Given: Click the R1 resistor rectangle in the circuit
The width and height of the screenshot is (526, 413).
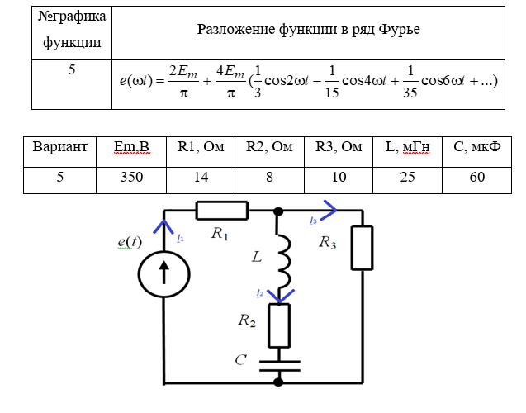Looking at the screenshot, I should (x=222, y=211).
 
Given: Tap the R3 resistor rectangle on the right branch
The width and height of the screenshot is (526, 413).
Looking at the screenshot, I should (x=363, y=248).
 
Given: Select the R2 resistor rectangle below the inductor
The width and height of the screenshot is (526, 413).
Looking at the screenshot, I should (x=279, y=325).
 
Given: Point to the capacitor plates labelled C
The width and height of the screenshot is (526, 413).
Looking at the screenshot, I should (x=279, y=363).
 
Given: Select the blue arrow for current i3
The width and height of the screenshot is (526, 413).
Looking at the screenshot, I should (x=329, y=211).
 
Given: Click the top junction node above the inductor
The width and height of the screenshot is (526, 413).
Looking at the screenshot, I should (x=279, y=211).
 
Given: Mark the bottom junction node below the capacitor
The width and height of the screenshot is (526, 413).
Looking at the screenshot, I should (x=279, y=382).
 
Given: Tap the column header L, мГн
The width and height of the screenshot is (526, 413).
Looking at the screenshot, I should (x=407, y=147).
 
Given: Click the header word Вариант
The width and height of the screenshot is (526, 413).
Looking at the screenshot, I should (x=59, y=147).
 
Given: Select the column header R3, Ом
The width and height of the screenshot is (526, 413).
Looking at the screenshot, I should (x=339, y=147).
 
